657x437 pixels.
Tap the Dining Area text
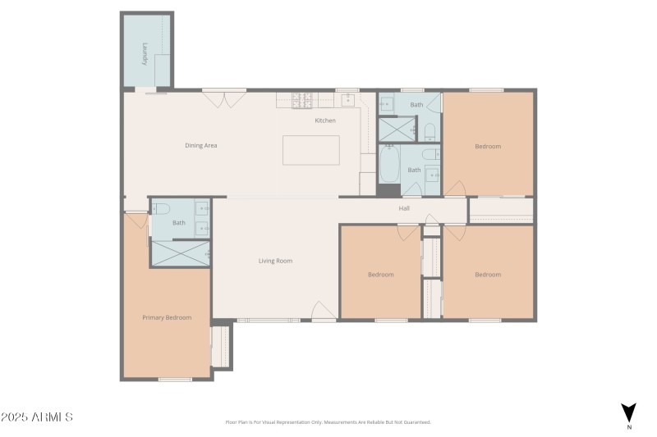pyautogui.click(x=200, y=146)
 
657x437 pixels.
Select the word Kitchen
pyautogui.click(x=325, y=121)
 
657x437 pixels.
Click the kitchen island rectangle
pyautogui.click(x=311, y=150)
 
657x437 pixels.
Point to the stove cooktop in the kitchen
pyautogui.click(x=302, y=99)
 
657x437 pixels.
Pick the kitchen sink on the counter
pyautogui.click(x=347, y=99)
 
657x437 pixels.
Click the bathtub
pyautogui.click(x=389, y=165)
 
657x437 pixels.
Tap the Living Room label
pyautogui.click(x=275, y=262)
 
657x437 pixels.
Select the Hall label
pyautogui.click(x=404, y=208)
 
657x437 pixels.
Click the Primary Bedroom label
pyautogui.click(x=167, y=318)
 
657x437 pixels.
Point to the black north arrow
pyautogui.click(x=628, y=412)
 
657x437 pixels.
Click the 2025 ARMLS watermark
pyautogui.click(x=37, y=417)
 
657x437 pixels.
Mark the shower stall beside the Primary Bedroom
pyautogui.click(x=181, y=253)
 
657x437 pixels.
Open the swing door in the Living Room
pyautogui.click(x=322, y=312)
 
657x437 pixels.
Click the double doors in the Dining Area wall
pyautogui.click(x=223, y=98)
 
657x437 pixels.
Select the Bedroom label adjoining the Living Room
pyautogui.click(x=380, y=275)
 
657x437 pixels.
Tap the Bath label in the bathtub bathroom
pyautogui.click(x=414, y=171)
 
